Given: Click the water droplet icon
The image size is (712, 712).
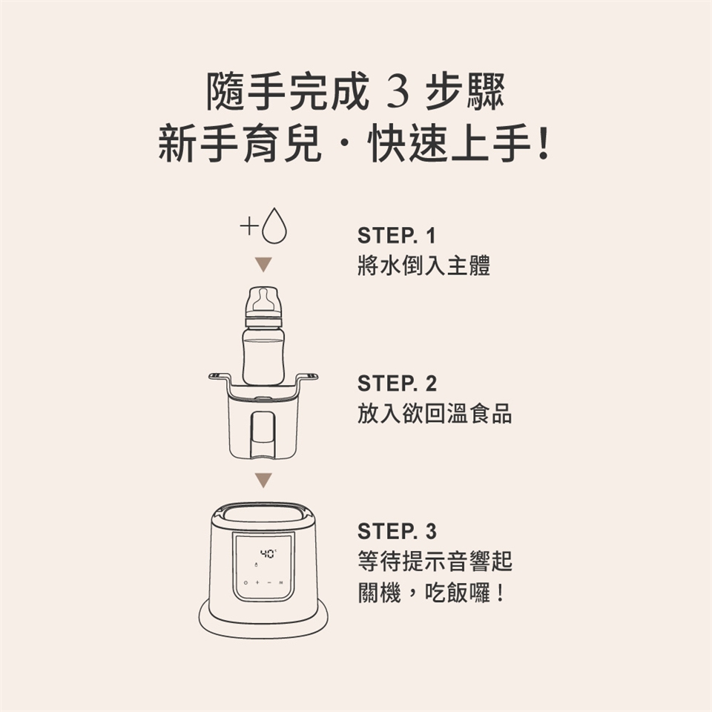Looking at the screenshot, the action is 274,226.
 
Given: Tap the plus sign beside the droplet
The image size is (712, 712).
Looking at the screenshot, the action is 249,225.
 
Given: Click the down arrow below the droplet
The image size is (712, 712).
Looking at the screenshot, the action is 263,264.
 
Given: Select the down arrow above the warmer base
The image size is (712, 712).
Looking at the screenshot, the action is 263,480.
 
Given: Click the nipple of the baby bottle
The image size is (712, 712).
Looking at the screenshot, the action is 263,300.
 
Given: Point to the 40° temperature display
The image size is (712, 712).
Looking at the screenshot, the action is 268,553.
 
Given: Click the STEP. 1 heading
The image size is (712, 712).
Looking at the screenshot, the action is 396,236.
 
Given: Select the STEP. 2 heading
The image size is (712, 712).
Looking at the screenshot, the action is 397,383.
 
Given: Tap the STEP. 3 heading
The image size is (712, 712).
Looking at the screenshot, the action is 397,531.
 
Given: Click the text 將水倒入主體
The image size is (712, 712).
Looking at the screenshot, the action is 423,266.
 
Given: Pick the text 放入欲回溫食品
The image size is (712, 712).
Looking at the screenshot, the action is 435,414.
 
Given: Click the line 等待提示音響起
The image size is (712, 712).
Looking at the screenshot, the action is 435,561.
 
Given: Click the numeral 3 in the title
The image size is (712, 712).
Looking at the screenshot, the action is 398,93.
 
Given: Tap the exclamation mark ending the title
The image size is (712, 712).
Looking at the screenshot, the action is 542,144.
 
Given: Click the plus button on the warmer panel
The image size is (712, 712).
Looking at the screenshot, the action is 257,582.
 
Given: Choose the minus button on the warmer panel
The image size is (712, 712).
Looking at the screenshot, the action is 269,582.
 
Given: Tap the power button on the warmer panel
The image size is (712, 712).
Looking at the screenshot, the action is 245,582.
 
